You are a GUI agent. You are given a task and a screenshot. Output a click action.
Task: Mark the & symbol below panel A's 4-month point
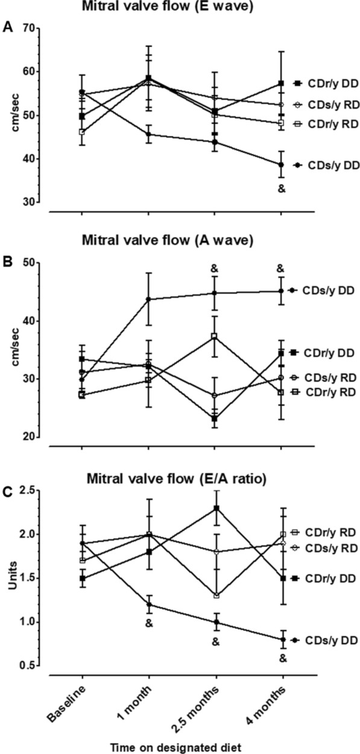pos(280,189)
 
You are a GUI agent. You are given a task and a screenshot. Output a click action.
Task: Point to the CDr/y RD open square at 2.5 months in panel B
pos(214,336)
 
